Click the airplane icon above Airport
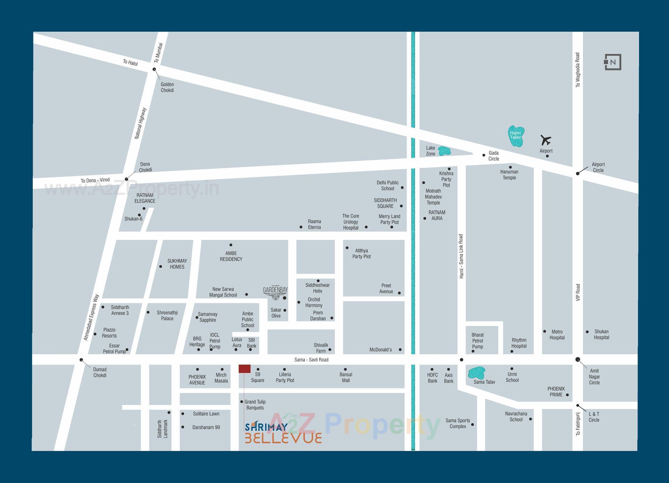546,140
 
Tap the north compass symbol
613,62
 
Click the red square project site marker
245,369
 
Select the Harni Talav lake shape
516,137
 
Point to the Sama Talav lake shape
476,373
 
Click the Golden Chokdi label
167,87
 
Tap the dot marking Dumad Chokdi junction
81,360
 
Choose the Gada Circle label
493,156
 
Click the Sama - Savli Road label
311,360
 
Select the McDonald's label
380,350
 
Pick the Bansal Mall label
346,377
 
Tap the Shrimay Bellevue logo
283,433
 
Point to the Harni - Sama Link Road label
461,256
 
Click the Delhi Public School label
387,186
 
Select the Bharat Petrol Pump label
477,341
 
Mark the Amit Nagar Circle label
594,376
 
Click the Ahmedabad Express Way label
91,317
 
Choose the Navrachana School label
516,416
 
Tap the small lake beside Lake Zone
444,151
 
